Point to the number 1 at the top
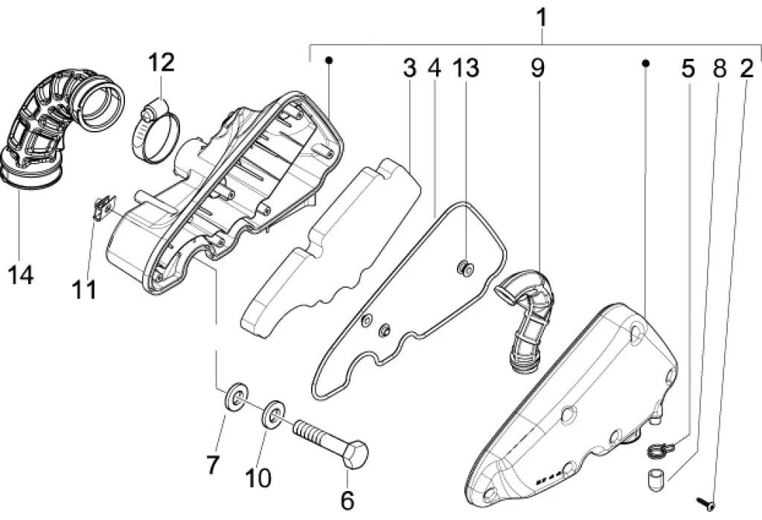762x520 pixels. click(542, 16)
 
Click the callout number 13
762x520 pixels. click(467, 68)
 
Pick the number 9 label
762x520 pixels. click(537, 68)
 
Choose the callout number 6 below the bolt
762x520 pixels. click(347, 498)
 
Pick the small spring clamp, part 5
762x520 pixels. click(658, 449)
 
